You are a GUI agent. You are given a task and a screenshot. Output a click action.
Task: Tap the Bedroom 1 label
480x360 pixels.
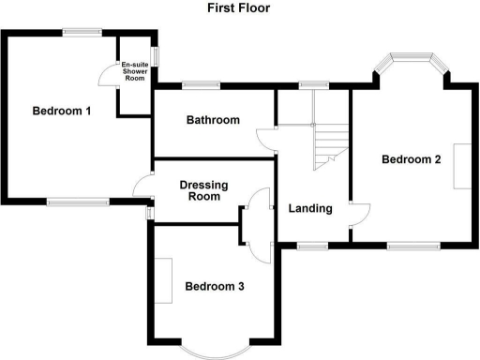pos(62,111)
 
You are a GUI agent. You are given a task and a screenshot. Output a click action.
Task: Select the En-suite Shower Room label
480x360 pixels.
pos(135,70)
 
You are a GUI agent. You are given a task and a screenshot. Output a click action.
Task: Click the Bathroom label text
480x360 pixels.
pos(213,120)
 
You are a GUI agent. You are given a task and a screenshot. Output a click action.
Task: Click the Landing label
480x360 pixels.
pos(310,208)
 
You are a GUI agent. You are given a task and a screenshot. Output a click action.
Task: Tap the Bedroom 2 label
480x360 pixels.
pos(411,159)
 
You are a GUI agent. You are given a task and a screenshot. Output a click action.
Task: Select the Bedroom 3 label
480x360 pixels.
pos(214,286)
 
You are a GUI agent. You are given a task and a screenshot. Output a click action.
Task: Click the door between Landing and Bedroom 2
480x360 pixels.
pos(359,216)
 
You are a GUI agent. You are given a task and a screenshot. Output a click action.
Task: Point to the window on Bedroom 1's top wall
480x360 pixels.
pos(82,33)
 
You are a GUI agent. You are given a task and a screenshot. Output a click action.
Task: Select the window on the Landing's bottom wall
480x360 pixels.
pos(310,246)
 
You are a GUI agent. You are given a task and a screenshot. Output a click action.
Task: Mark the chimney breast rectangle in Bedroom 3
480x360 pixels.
pos(164,279)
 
